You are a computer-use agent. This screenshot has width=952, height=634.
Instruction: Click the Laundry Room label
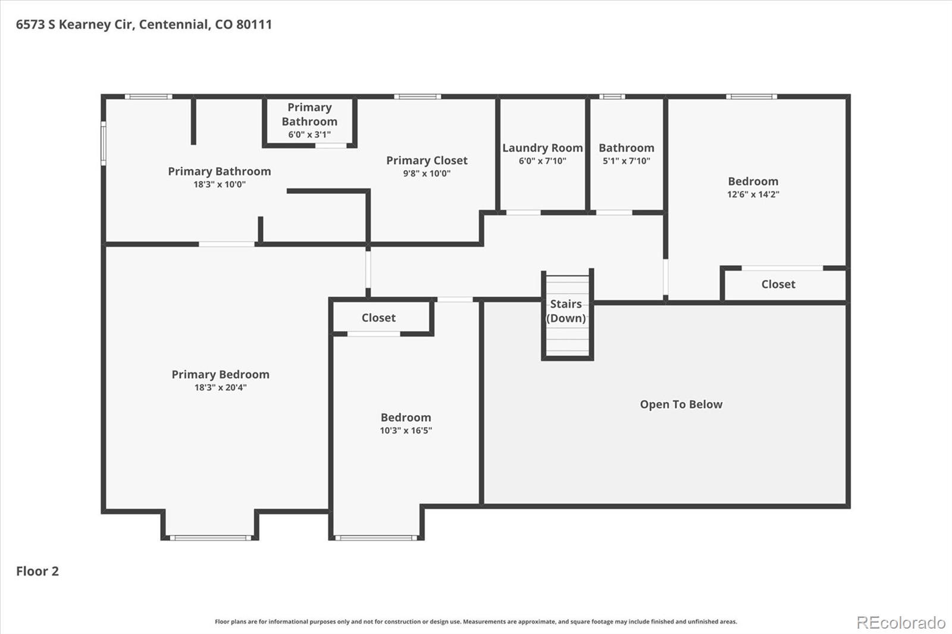pos(542,148)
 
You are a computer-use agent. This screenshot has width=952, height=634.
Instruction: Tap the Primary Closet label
pos(427,160)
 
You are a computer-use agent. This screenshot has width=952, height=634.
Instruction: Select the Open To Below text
pos(681,404)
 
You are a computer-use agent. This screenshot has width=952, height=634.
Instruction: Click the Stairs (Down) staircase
pos(568,315)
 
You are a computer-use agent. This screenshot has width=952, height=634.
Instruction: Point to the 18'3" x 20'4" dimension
pos(221,387)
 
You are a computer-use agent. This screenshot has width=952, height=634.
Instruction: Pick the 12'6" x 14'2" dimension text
pos(753,194)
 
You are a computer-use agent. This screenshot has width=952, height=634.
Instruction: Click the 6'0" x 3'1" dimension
pos(309,134)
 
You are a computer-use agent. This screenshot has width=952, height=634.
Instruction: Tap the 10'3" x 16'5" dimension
pos(406,431)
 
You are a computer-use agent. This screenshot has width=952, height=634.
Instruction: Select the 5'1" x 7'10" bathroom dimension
pos(627,161)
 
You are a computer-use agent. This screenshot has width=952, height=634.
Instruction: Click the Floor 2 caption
pos(37,571)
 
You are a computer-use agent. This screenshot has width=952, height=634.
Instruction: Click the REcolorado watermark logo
pos(901,623)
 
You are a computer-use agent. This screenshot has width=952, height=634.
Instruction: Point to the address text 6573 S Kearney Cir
pos(76,24)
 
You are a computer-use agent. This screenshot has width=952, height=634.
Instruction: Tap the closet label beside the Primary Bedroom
pos(378,318)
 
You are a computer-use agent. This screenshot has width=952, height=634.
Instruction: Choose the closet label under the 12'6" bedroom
pos(778,284)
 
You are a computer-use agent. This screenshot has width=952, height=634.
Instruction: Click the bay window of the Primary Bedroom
pos(211,538)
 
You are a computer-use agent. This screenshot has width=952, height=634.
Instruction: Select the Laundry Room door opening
pos(523,212)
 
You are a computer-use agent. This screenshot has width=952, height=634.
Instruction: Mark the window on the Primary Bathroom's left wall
pos(104,143)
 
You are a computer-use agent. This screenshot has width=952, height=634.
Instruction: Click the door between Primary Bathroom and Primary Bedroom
pos(227,244)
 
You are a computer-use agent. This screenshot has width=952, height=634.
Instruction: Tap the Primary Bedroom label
pos(221,374)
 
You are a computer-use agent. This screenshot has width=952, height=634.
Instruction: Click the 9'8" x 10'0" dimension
pos(427,174)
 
